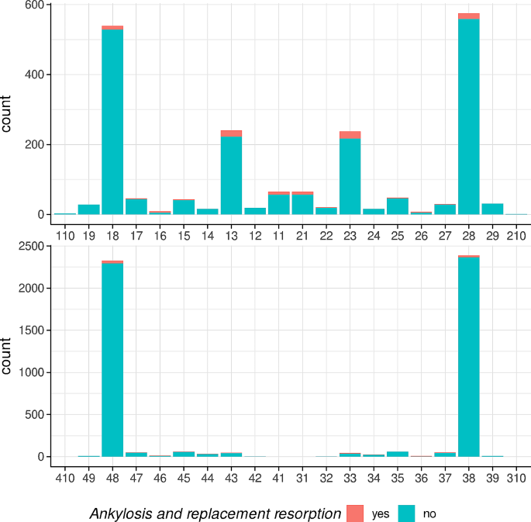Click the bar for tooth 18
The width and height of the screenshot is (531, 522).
pos(112,120)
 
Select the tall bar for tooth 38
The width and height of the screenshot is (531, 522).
pos(468,356)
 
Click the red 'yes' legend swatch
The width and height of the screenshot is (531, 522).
pos(355,513)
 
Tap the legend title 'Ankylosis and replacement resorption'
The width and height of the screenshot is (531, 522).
pos(215,513)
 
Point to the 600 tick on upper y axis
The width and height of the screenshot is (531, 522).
pos(36,5)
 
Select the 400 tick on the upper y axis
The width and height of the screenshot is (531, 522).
pos(36,74)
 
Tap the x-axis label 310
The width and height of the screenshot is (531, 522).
pos(515,473)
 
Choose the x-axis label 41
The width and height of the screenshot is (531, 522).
pos(278,473)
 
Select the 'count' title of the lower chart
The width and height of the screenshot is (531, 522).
pos(9,356)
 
